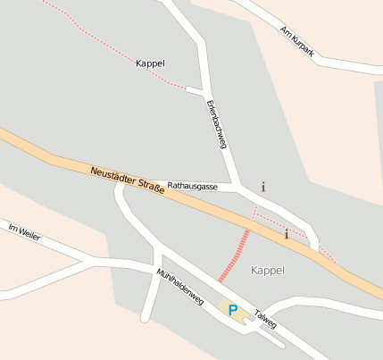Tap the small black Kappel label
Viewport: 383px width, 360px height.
(x=150, y=63)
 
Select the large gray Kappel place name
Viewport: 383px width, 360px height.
(x=267, y=270)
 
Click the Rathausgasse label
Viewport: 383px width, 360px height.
(x=193, y=187)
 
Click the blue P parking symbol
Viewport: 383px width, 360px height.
(x=233, y=310)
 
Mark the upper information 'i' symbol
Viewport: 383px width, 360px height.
(x=263, y=188)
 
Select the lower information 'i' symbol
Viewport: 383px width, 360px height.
(x=286, y=235)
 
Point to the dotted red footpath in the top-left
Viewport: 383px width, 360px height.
(x=98, y=40)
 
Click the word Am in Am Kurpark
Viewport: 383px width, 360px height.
(x=285, y=30)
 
